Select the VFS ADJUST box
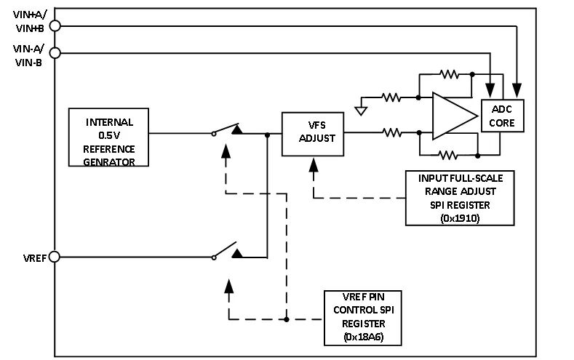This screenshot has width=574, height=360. tap(313, 132)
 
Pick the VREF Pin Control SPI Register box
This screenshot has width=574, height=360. tap(362, 318)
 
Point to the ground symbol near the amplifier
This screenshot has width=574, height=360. tap(359, 110)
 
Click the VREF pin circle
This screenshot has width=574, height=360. tap(54, 257)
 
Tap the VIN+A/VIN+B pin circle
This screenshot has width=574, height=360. tap(54, 25)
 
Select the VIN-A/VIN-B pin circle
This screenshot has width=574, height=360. tap(54, 52)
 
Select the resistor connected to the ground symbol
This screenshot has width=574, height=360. tap(392, 97)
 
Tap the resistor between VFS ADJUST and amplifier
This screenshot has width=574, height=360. tap(392, 132)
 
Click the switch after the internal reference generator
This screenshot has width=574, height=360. tap(227, 131)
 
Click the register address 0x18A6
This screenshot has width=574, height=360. tap(362, 336)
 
